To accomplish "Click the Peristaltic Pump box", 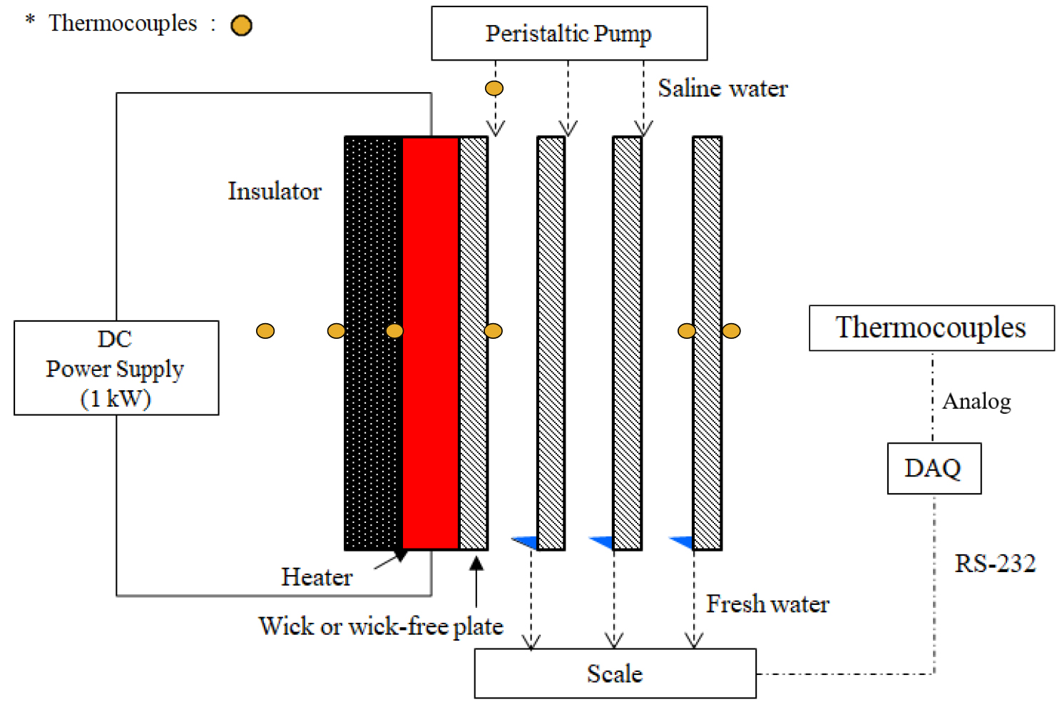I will click(x=569, y=34).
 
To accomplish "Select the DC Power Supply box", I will click(x=116, y=368).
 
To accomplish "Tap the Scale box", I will click(x=615, y=673).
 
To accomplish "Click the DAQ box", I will click(x=934, y=469).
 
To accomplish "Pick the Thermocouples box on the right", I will click(x=931, y=328).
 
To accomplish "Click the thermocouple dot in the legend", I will click(x=242, y=26).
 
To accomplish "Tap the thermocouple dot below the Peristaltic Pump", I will click(x=494, y=88).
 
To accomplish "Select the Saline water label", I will click(x=723, y=88).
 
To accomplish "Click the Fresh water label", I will click(x=767, y=604).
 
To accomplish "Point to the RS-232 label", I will click(x=995, y=564).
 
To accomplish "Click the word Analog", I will click(x=976, y=402).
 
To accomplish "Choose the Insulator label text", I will click(x=275, y=191).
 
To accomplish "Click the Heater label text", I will click(x=317, y=576).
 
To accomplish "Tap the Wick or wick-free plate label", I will click(x=381, y=626).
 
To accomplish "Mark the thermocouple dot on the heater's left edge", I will click(x=394, y=331).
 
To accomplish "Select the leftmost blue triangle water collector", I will click(x=526, y=542).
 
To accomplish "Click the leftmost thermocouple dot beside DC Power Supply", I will click(x=265, y=331).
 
